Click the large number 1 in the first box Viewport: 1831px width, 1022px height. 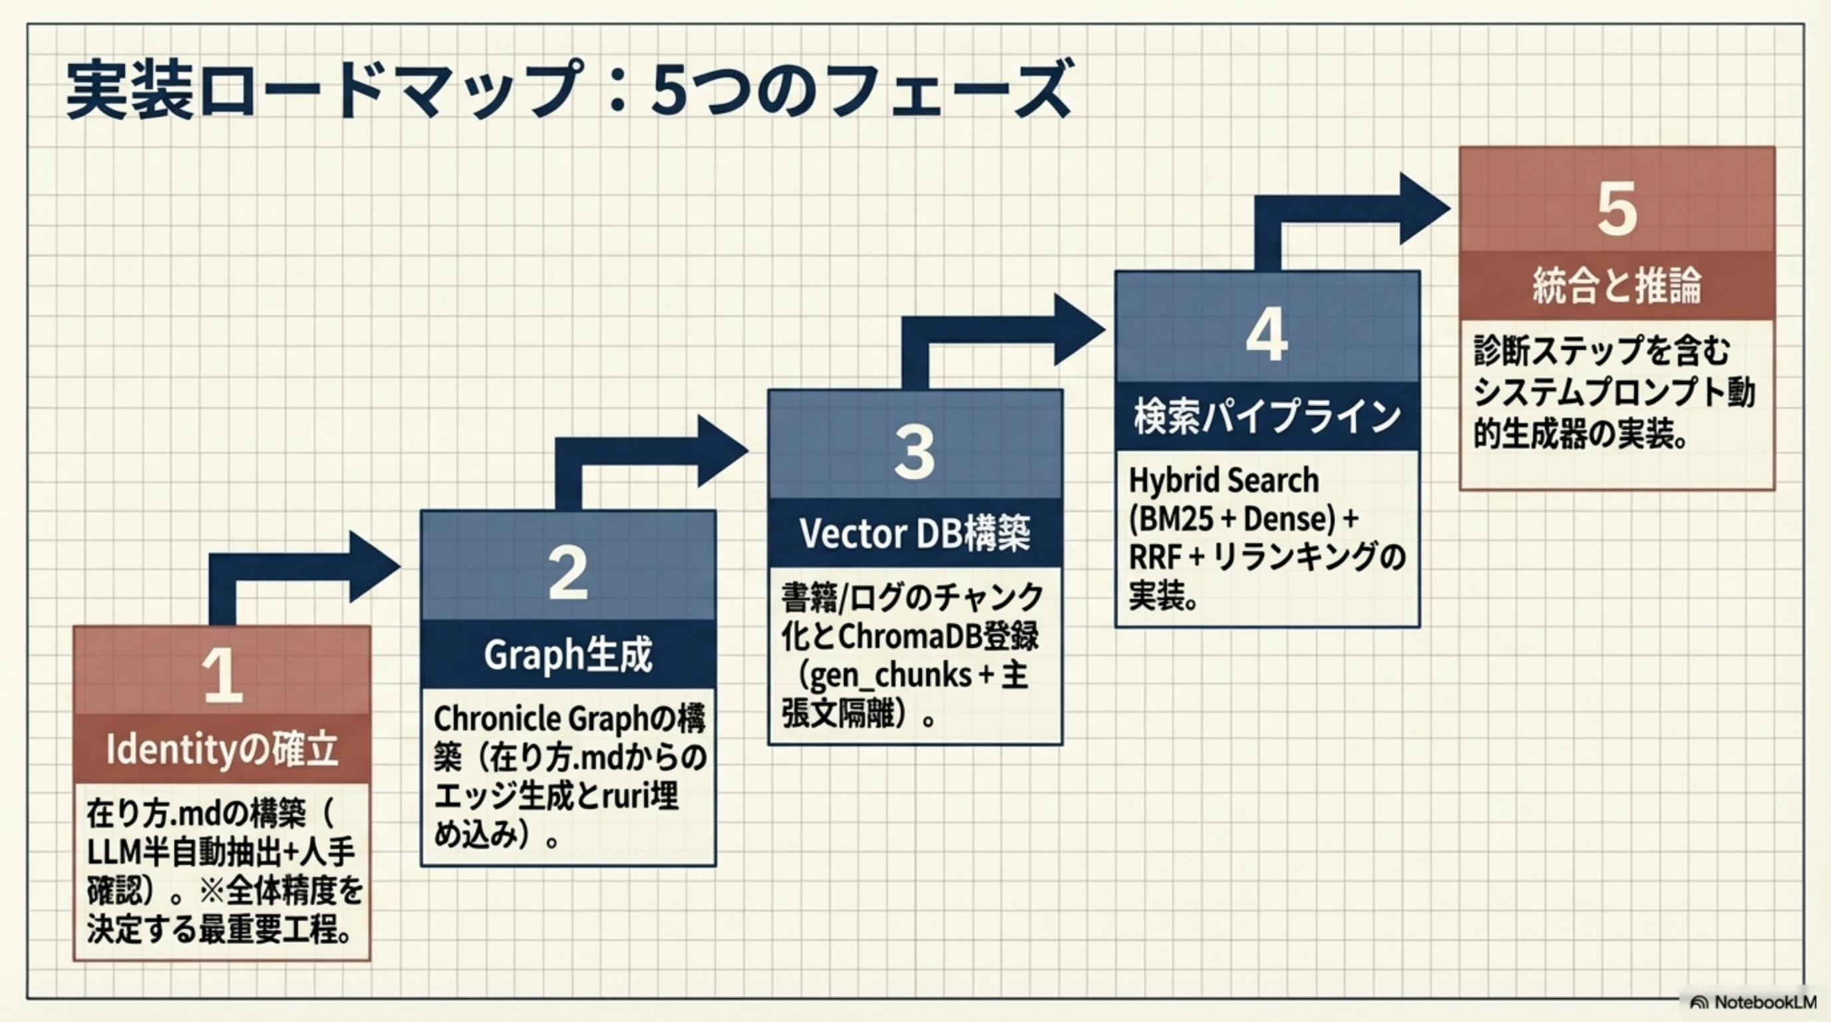pos(222,675)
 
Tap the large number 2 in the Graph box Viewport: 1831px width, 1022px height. pos(568,573)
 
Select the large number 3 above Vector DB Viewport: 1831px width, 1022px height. pos(914,452)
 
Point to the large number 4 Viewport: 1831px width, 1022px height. pos(1267,334)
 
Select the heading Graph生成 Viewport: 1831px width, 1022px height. pos(568,655)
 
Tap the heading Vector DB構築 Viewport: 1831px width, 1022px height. pos(915,533)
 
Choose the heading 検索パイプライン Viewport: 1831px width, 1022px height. pos(1267,417)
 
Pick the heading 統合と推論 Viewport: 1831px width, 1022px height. pos(1617,285)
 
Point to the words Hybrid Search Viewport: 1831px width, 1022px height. pos(1224,480)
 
